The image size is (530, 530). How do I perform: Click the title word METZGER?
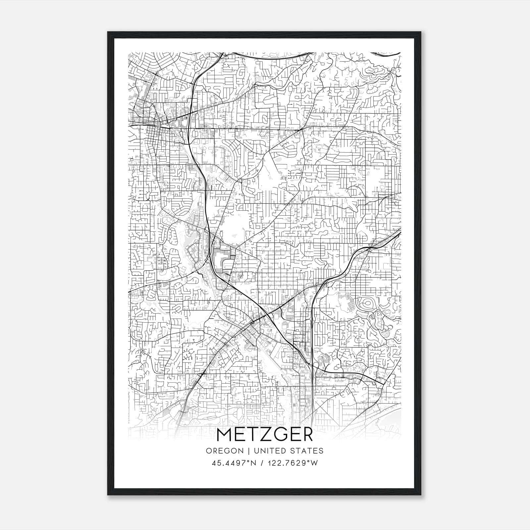tap(264, 435)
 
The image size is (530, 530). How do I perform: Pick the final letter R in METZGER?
tap(306, 435)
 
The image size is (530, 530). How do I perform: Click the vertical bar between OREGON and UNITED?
tap(243, 450)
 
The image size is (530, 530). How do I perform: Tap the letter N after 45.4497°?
tap(254, 463)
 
